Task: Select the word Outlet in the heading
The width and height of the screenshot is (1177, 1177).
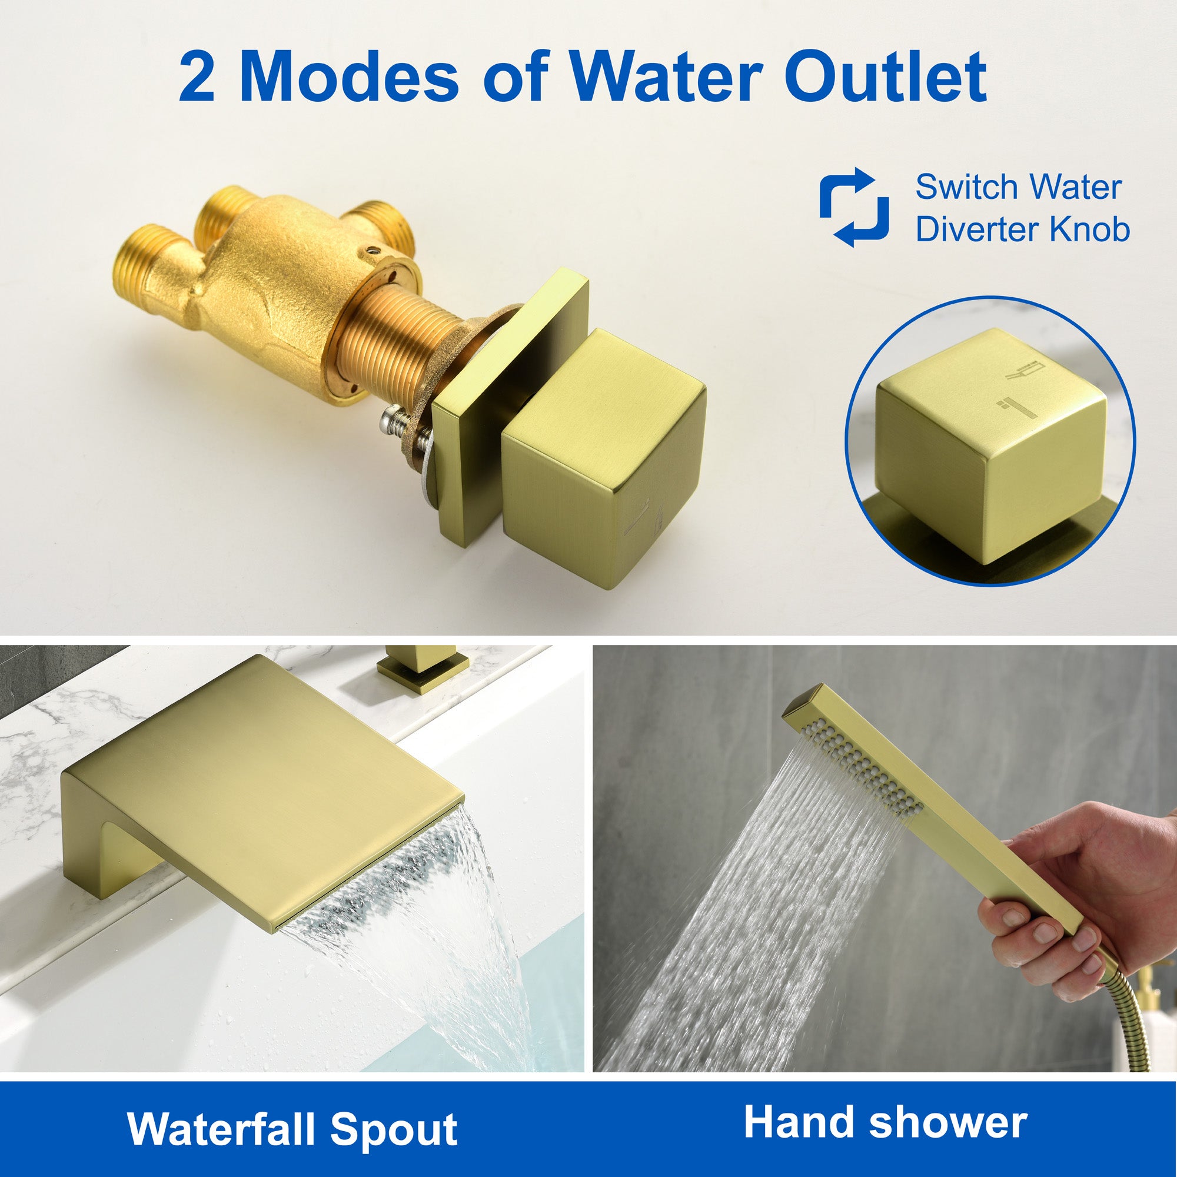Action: [x=886, y=77]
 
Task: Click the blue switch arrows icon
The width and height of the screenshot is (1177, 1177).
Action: [x=853, y=207]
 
